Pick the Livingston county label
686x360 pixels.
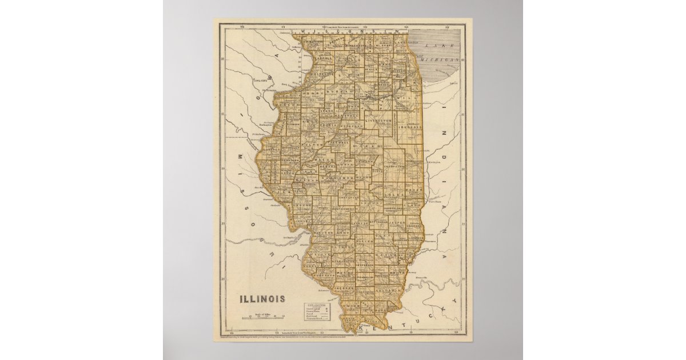coord(378,121)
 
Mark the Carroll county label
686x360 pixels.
coord(323,58)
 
